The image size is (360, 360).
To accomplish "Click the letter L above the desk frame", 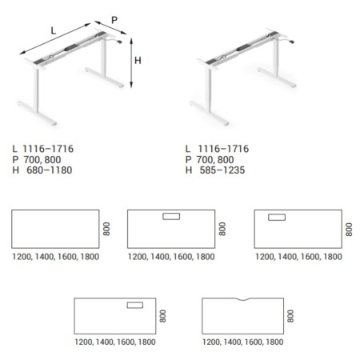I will coord(53,30).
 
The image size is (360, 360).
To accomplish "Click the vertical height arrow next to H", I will coord(129,65).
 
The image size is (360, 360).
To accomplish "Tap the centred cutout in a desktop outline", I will coord(171,216).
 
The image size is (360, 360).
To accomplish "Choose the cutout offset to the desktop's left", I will coord(277,216).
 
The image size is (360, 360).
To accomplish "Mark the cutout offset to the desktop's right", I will coord(134,304).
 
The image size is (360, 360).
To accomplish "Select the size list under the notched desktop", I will coord(243,342).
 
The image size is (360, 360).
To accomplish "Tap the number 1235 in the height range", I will coord(234,170).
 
